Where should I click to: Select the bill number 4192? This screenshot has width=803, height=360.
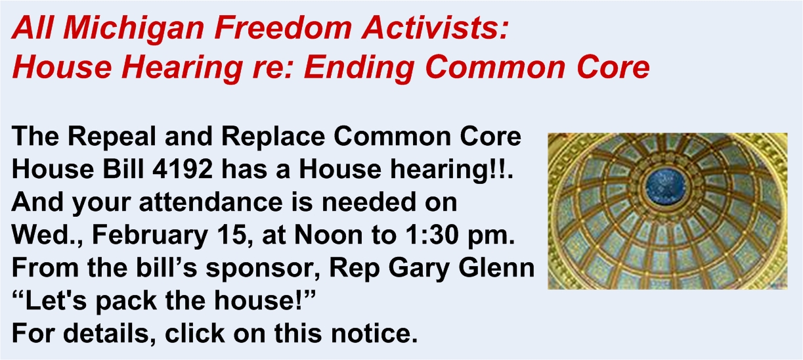(182, 169)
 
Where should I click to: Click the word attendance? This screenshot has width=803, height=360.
(211, 202)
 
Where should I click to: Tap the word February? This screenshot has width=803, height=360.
(150, 236)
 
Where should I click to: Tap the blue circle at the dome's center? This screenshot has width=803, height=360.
(665, 187)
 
